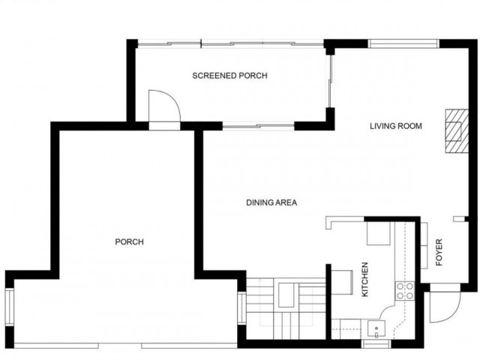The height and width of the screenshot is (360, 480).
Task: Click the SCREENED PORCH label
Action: pyautogui.click(x=229, y=76)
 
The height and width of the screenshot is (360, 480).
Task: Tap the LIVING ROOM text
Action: pyautogui.click(x=396, y=126)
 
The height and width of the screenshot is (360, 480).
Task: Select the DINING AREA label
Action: pyautogui.click(x=273, y=202)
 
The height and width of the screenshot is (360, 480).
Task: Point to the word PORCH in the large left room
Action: pyautogui.click(x=129, y=241)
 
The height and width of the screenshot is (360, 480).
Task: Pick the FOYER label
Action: pyautogui.click(x=439, y=252)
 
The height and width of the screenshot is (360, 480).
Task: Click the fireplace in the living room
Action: pyautogui.click(x=453, y=130)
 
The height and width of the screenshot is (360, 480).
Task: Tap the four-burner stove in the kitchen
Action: pyautogui.click(x=405, y=290)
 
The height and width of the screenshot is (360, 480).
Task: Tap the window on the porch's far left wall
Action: pyautogui.click(x=9, y=307)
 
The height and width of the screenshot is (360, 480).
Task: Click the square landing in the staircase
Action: pyautogui.click(x=286, y=295)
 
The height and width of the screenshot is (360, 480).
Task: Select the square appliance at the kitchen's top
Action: pyautogui.click(x=377, y=233)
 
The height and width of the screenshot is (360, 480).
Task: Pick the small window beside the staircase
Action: pyautogui.click(x=241, y=307)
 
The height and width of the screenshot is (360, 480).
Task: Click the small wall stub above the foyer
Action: pyautogui.click(x=458, y=218)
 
